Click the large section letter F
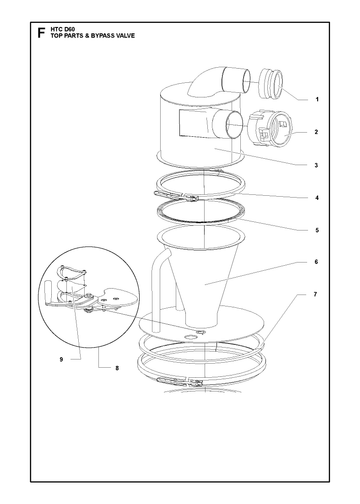point(41,33)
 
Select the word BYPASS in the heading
point(101,36)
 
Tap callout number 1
point(317,99)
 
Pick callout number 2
point(316,132)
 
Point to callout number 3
point(316,165)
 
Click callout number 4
point(317,198)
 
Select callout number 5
point(317,230)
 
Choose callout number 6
point(316,262)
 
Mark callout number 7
point(315,294)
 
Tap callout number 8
point(117,368)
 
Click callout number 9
point(61,360)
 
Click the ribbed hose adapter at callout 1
point(271,84)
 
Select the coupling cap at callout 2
point(270,128)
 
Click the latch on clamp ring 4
point(176,196)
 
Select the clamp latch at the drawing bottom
point(181,381)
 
